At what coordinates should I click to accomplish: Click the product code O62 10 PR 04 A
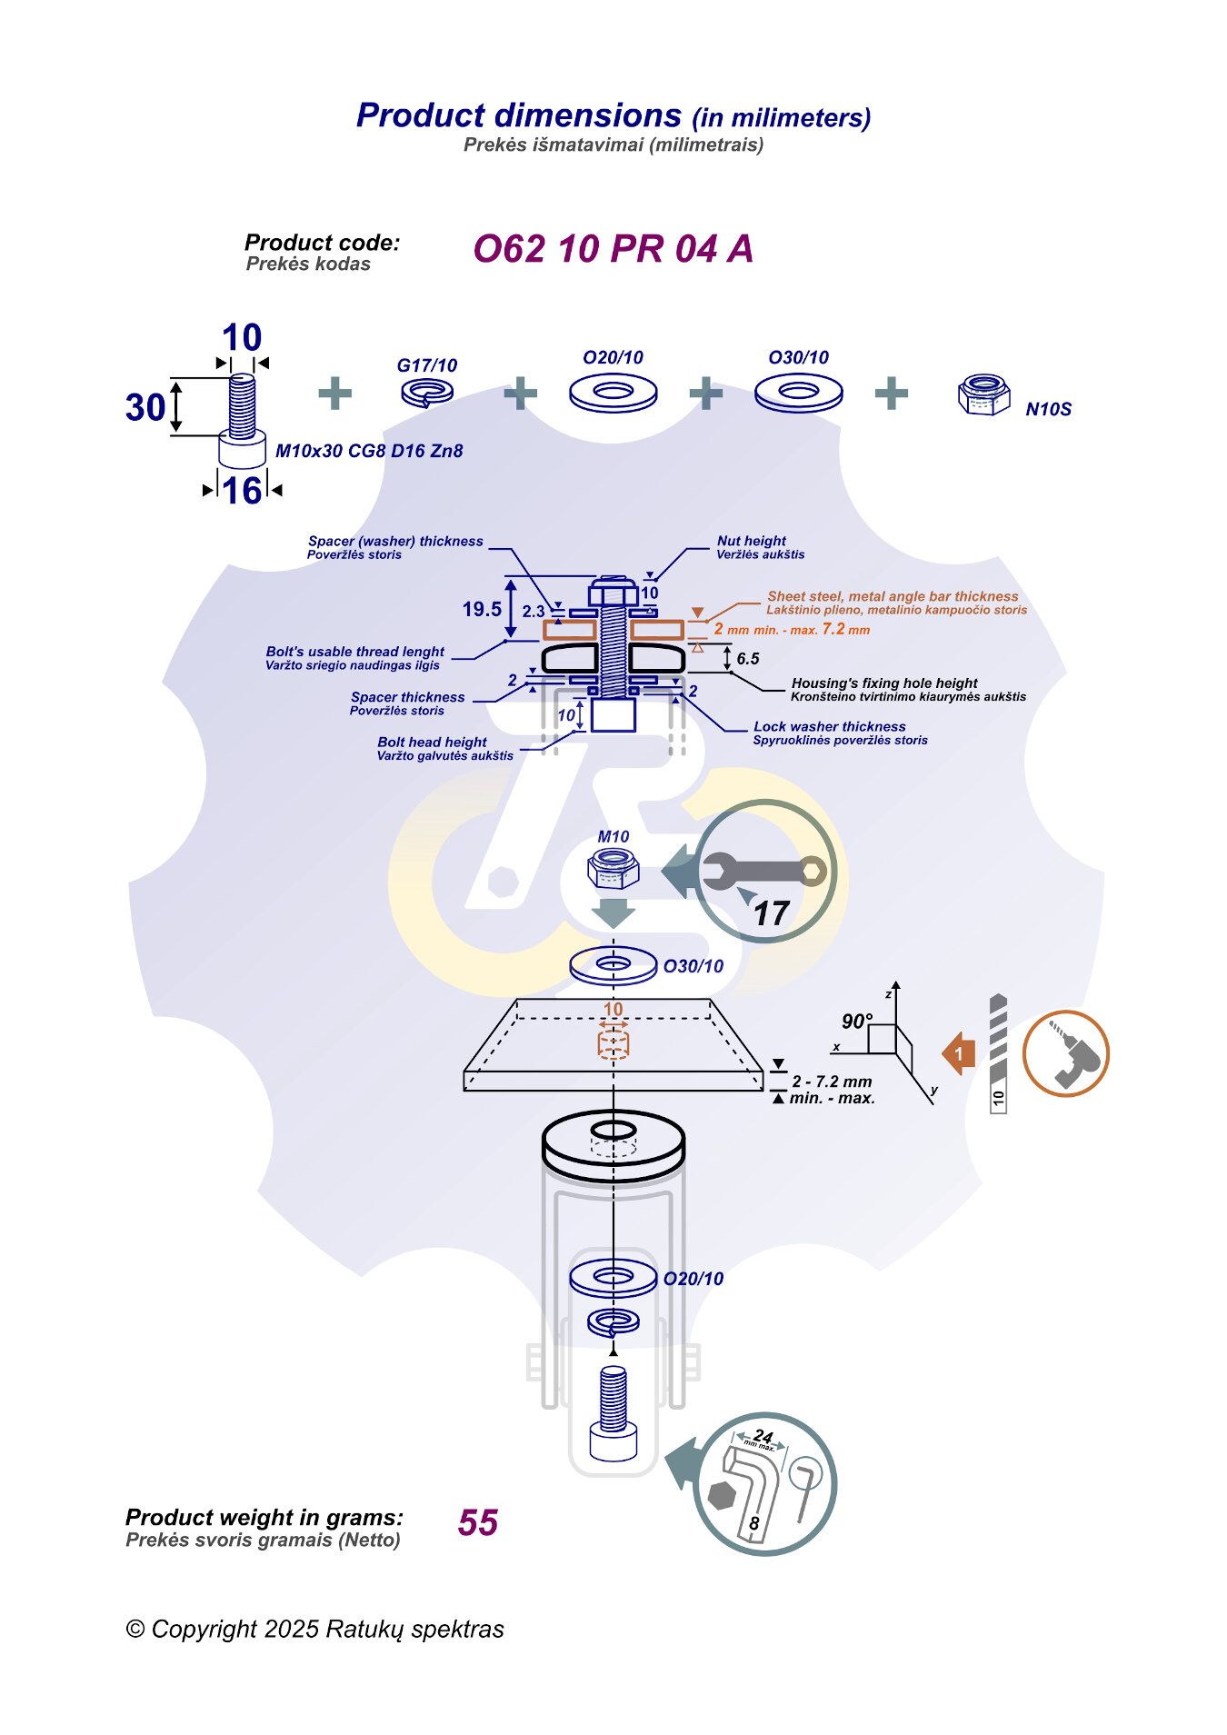coord(613,249)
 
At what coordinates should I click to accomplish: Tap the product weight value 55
coord(478,1522)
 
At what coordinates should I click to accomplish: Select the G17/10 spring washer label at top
coord(426,365)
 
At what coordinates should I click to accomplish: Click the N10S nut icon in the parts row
coord(983,394)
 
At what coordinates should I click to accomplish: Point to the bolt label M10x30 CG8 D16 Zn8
coord(369,451)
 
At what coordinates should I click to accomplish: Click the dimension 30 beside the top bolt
coord(145,407)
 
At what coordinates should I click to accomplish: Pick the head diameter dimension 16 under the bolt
coord(242,491)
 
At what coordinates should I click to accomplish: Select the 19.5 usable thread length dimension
coord(482,609)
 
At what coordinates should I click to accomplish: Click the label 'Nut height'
coord(752,541)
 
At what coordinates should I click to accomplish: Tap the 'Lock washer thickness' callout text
coord(829,726)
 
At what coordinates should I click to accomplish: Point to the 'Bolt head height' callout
coord(432,742)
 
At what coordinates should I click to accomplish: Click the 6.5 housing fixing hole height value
coord(748,659)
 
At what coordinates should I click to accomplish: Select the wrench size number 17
coord(771,913)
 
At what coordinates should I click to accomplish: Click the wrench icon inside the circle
coord(763,871)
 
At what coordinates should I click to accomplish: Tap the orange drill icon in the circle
coord(1066,1054)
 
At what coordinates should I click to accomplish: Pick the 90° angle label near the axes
coord(857,1021)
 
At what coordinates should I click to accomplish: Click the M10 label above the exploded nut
coord(613,836)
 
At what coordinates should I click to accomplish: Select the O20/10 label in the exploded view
coord(693,1279)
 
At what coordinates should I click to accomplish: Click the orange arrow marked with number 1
coord(959,1054)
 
